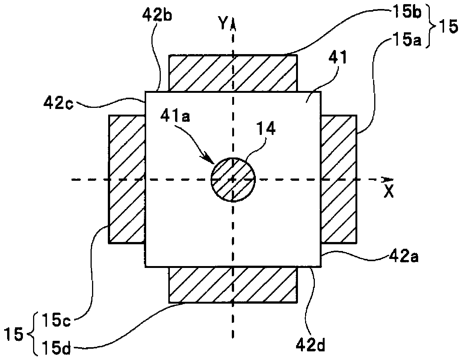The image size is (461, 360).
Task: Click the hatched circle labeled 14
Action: (x=233, y=180)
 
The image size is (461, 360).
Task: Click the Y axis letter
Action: (x=224, y=24)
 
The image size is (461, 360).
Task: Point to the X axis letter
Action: (x=389, y=192)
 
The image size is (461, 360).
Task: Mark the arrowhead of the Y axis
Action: (x=233, y=23)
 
